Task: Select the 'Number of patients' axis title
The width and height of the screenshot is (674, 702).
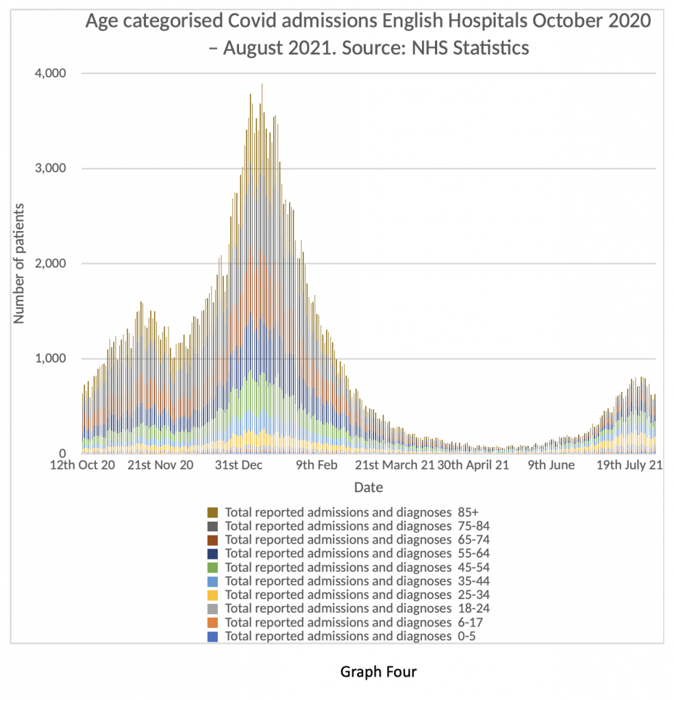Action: (x=20, y=263)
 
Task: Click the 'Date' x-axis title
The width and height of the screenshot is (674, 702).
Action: (x=368, y=488)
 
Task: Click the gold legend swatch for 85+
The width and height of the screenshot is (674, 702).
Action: (x=213, y=512)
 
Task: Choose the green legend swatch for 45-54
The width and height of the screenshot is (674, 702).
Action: (x=213, y=568)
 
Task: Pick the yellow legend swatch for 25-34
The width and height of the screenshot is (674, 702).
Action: (x=213, y=595)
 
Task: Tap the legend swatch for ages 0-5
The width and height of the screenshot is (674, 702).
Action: (x=213, y=637)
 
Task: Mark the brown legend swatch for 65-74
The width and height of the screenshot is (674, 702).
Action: (x=213, y=540)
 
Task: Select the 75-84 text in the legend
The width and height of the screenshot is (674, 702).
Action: (x=473, y=526)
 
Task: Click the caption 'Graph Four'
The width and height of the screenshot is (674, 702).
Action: (x=378, y=672)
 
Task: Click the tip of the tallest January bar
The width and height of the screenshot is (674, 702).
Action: (x=262, y=84)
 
